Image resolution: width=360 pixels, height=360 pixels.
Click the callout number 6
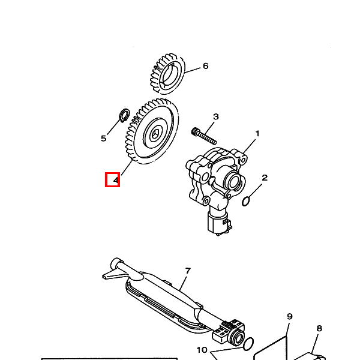[x=205, y=66]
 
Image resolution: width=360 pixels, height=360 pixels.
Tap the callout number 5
[x=104, y=139]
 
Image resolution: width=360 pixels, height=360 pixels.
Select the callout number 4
[x=116, y=180]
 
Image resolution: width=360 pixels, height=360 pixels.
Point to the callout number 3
[x=216, y=116]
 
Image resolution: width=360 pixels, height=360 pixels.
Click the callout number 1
[x=257, y=133]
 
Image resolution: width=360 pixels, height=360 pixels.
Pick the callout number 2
[x=265, y=178]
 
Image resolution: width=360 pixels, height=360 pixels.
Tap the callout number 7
[x=188, y=271]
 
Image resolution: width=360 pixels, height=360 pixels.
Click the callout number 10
[x=202, y=350]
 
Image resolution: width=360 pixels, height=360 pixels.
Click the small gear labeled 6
[x=167, y=73]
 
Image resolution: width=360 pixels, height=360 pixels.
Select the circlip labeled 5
[x=125, y=115]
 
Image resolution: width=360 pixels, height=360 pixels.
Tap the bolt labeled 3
[x=204, y=136]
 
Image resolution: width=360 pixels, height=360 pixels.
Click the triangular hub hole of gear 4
[x=155, y=134]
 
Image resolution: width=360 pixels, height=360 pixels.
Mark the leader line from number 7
[x=184, y=283]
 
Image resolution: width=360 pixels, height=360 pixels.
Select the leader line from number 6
[x=193, y=70]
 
